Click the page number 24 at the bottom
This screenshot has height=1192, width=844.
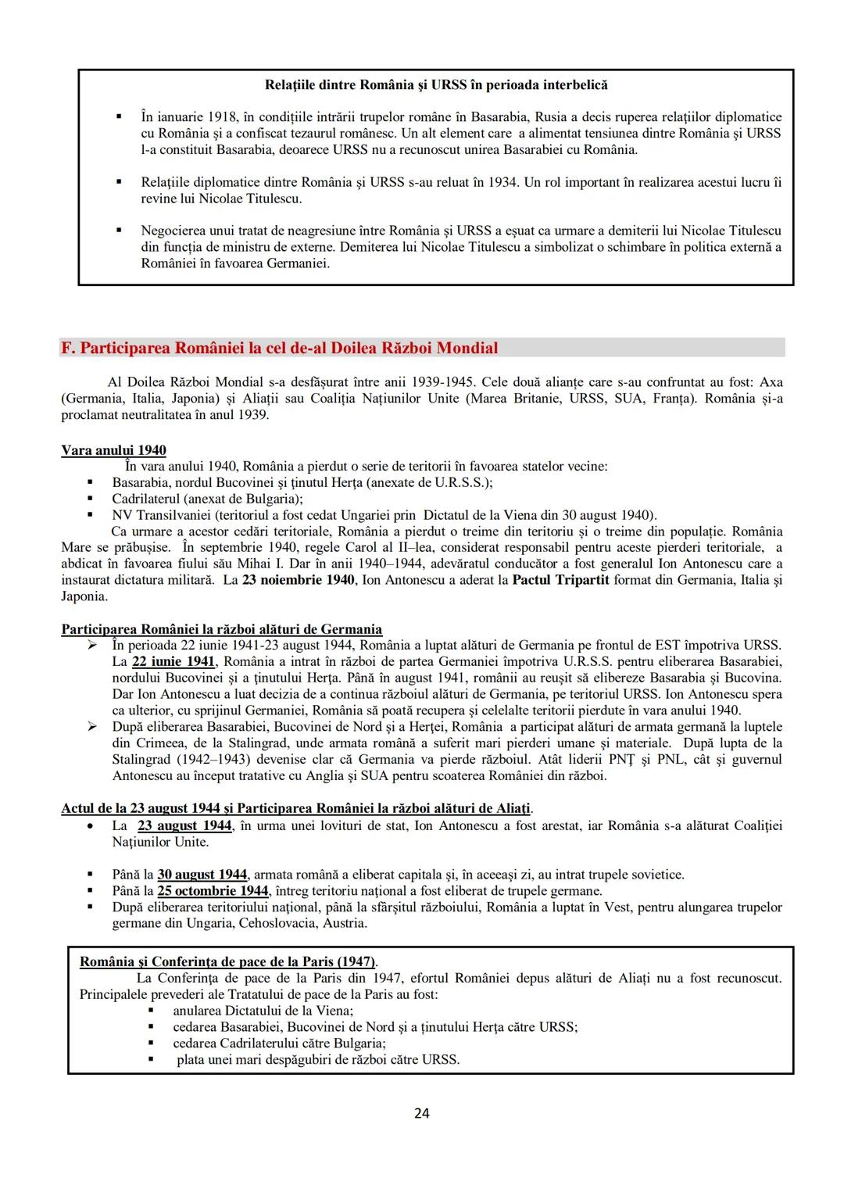pyautogui.click(x=421, y=1113)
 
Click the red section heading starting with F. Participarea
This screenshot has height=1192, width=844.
pyautogui.click(x=279, y=348)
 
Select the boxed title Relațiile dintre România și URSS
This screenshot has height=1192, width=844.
pyautogui.click(x=436, y=84)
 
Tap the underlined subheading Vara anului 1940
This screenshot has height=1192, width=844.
pyautogui.click(x=113, y=450)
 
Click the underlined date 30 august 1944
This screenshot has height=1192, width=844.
pyautogui.click(x=202, y=875)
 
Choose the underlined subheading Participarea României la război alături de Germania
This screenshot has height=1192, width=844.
pyautogui.click(x=222, y=629)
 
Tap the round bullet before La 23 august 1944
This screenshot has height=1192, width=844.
pyautogui.click(x=91, y=826)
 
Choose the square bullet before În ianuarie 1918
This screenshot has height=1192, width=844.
pyautogui.click(x=119, y=117)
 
